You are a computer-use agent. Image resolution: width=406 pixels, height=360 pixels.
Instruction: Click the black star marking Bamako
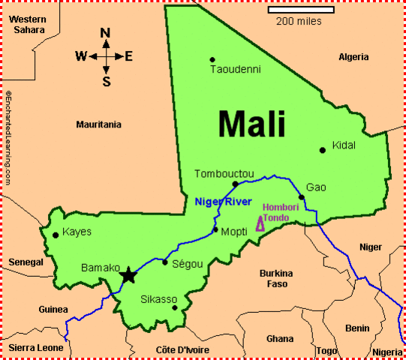coord(128,275)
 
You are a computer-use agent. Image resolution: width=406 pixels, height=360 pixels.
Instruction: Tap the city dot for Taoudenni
coord(212,59)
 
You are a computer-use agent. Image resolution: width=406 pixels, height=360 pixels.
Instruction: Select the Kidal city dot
coord(323,150)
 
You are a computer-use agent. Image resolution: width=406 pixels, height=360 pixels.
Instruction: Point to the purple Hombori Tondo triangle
coord(260,223)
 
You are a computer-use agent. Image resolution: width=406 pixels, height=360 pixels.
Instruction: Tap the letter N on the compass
coord(106,33)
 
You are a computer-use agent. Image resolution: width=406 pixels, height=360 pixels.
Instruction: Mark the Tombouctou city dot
coord(235,184)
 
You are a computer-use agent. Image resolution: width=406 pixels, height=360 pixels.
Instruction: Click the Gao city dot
coord(302,197)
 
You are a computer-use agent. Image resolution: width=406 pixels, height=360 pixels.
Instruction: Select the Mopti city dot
coord(215,229)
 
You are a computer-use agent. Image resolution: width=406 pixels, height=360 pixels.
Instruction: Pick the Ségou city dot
coord(165,262)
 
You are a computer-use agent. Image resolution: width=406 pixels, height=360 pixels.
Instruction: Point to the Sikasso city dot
coord(175,307)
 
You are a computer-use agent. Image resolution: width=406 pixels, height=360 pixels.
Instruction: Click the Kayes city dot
coord(55,235)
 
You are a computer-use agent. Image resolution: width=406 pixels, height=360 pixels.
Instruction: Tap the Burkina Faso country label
coord(274,278)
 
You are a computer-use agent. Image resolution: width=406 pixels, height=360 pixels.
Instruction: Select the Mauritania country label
coord(98,124)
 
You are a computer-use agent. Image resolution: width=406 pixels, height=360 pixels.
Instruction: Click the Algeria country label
coord(353,57)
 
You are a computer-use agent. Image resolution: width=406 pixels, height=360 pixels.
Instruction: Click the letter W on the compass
coord(81,55)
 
